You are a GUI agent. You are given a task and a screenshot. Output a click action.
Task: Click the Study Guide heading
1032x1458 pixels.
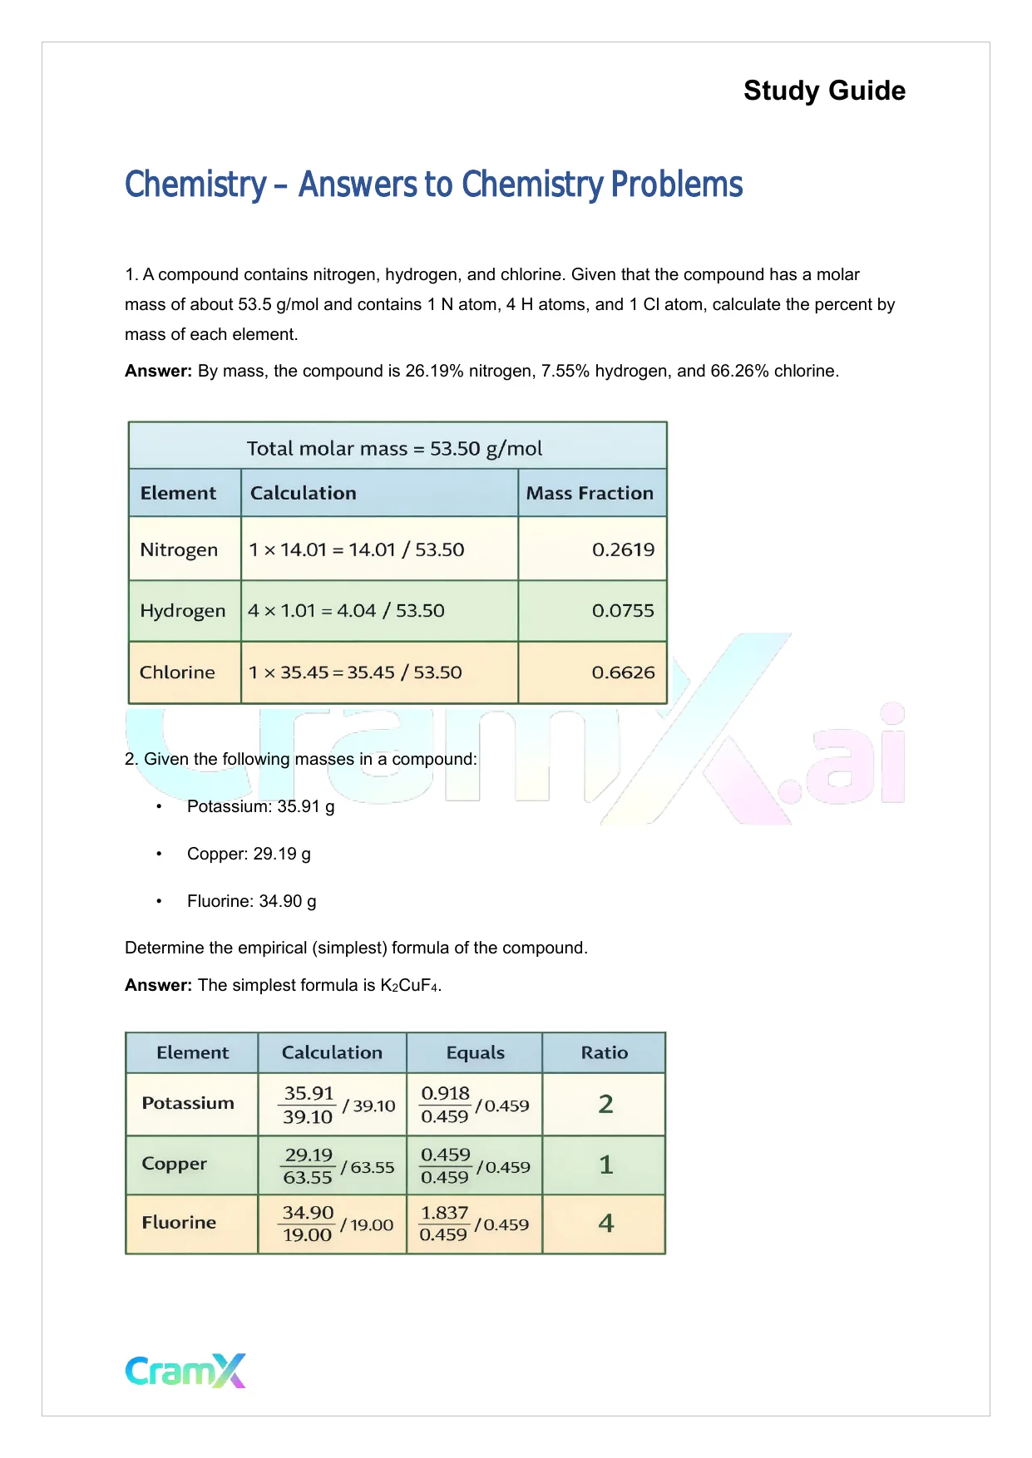824,91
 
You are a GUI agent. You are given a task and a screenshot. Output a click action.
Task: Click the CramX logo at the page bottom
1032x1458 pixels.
185,1371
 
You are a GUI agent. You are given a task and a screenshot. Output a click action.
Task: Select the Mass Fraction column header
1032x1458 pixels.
590,493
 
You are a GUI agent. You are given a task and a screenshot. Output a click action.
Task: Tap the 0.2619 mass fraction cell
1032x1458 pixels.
623,549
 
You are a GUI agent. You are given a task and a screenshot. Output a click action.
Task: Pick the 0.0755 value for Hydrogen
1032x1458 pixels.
623,611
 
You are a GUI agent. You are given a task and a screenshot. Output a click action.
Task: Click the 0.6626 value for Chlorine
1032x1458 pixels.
623,672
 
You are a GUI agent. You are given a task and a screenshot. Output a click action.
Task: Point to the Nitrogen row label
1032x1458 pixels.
179,549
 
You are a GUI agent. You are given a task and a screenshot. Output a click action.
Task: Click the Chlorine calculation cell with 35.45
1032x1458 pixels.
355,672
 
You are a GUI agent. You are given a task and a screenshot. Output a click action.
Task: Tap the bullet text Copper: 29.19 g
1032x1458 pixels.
249,854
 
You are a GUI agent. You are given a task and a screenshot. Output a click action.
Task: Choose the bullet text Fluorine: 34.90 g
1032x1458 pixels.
251,901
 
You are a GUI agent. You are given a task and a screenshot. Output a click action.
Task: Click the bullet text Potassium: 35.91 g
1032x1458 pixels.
260,806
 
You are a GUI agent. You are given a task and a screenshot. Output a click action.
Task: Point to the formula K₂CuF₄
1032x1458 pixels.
409,986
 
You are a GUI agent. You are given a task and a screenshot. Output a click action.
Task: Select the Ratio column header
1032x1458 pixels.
605,1052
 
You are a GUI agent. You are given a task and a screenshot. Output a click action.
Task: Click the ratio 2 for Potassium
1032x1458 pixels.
605,1104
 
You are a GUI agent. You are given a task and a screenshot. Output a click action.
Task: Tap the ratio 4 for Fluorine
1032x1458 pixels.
605,1223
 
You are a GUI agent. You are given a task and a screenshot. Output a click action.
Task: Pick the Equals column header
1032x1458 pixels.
475,1052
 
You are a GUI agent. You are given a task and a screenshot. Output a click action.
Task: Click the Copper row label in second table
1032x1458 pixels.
174,1164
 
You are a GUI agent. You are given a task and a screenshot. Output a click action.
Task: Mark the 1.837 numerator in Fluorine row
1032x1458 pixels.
445,1213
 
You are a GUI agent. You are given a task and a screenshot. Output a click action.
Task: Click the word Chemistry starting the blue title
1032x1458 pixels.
195,185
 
